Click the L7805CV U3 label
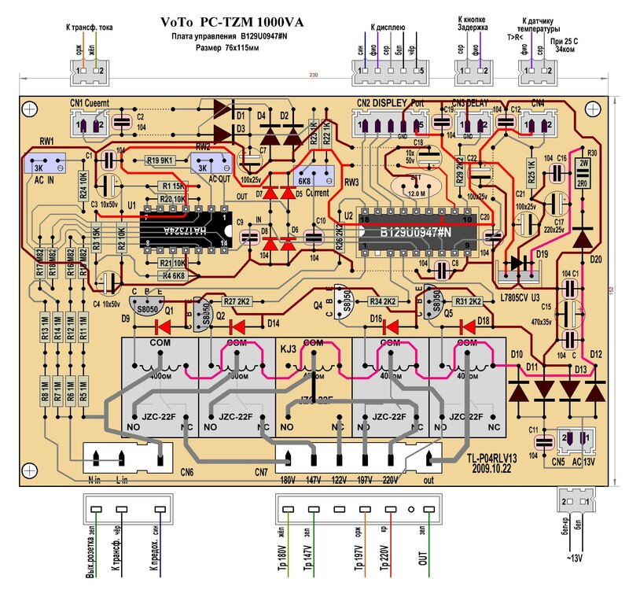[522, 297]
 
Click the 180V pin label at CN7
[288, 481]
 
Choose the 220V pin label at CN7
[390, 481]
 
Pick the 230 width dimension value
[314, 76]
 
